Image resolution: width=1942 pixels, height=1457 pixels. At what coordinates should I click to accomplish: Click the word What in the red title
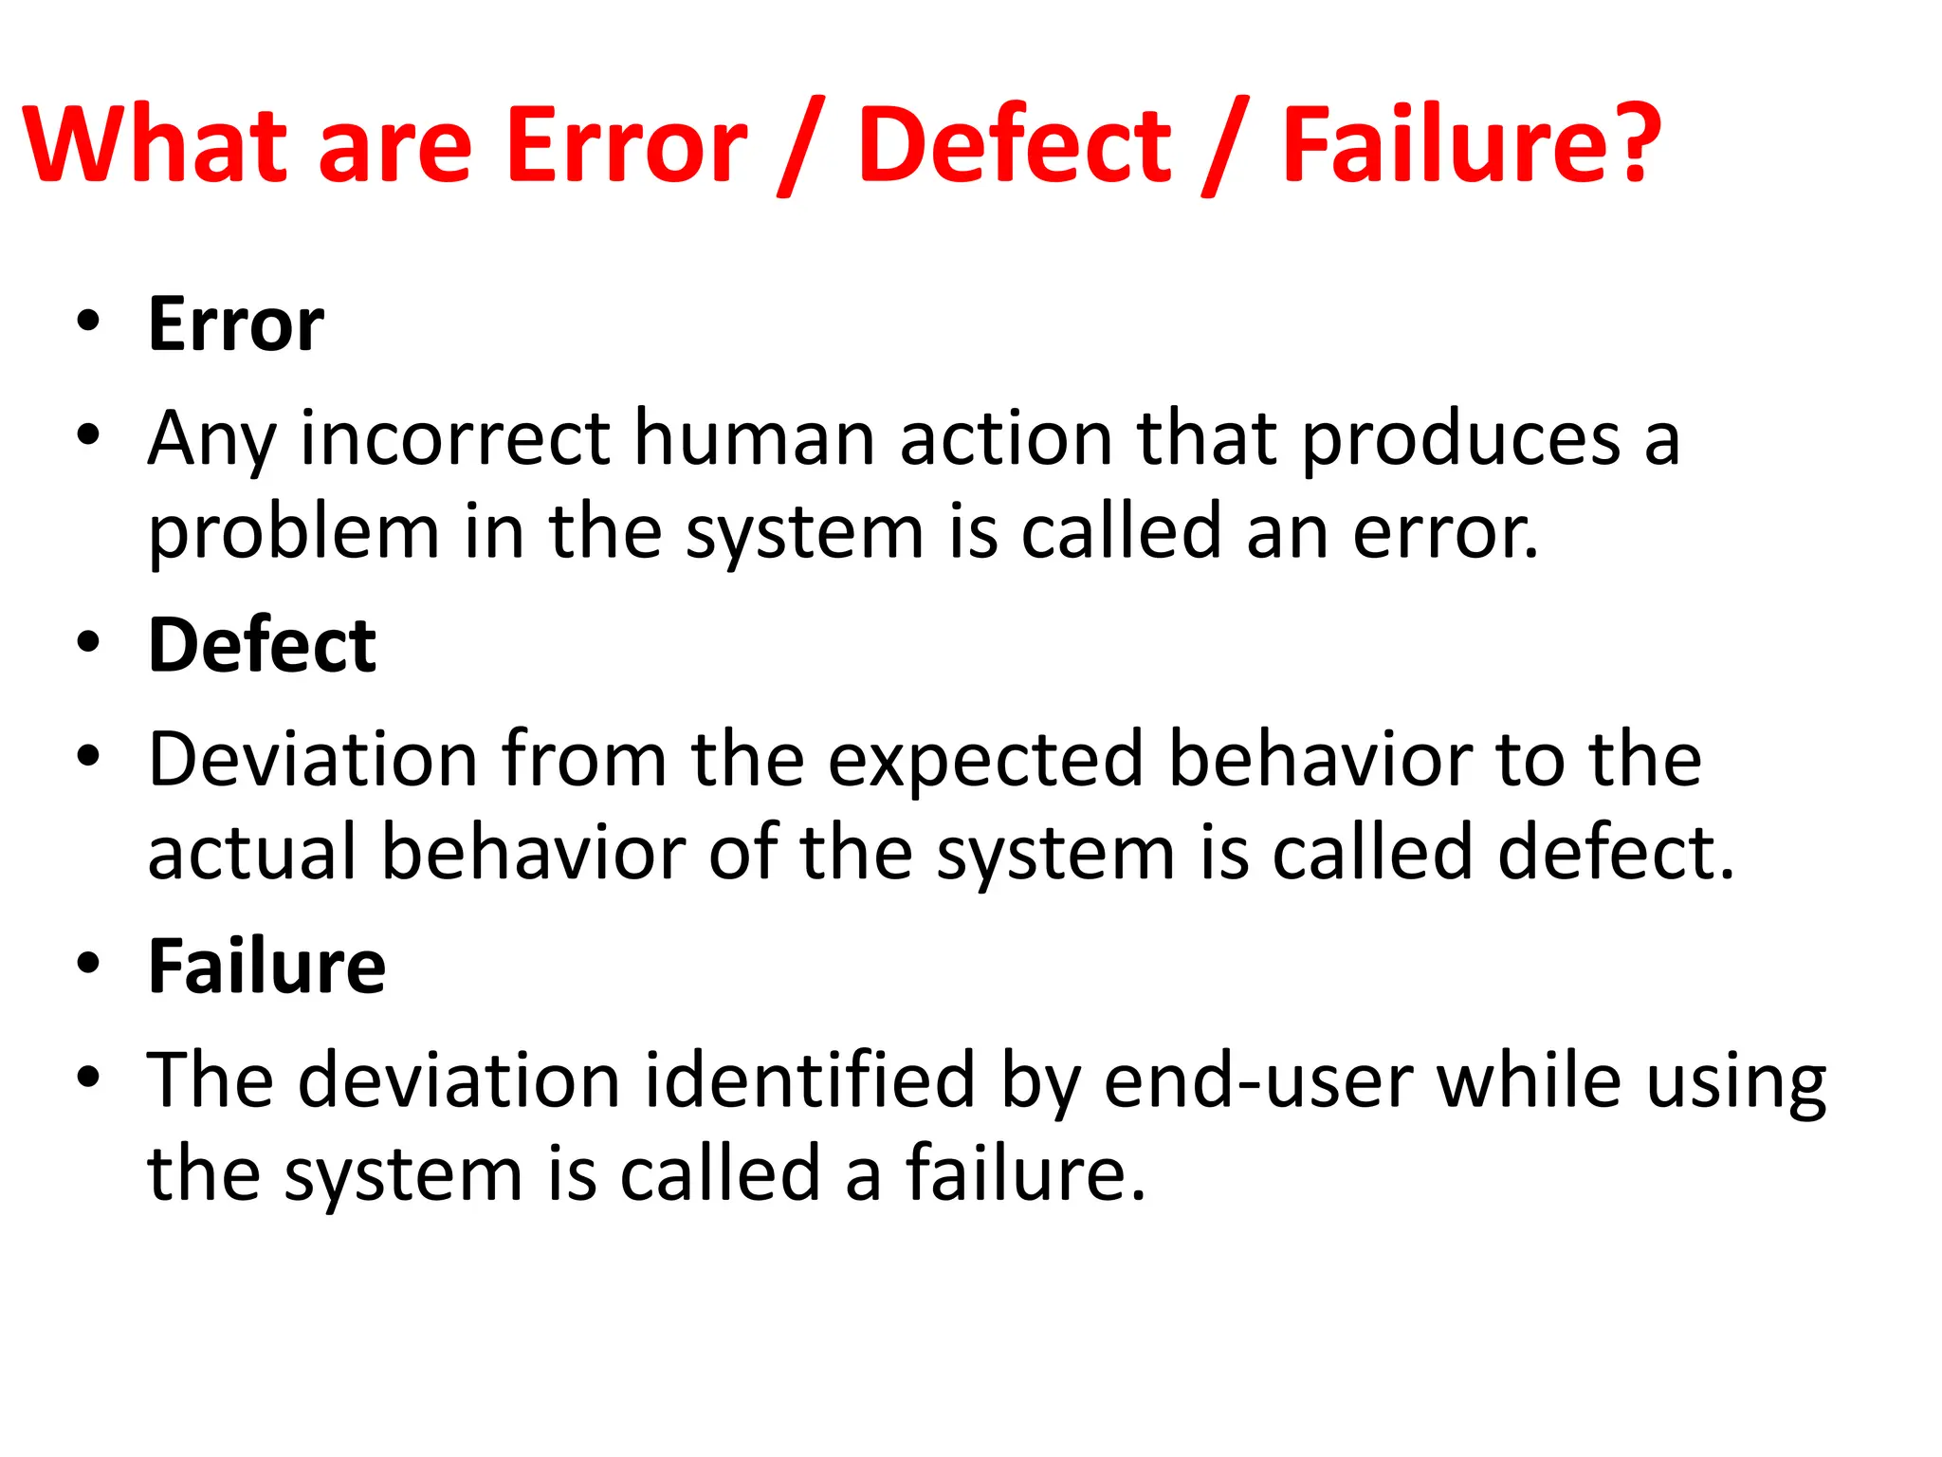point(155,144)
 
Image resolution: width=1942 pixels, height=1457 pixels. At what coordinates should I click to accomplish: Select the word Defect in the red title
point(1015,144)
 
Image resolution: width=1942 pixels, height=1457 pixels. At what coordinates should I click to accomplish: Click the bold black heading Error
point(236,324)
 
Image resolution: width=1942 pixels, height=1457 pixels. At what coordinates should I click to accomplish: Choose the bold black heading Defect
point(262,646)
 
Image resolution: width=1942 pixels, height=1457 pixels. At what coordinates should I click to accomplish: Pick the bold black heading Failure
point(266,967)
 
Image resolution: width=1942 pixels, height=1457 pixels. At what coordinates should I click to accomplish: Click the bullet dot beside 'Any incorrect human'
point(89,435)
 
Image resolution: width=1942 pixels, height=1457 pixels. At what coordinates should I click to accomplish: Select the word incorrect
point(455,438)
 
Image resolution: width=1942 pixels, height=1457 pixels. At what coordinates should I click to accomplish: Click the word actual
point(252,852)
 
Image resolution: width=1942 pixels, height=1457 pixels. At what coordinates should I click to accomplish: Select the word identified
point(810,1079)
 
